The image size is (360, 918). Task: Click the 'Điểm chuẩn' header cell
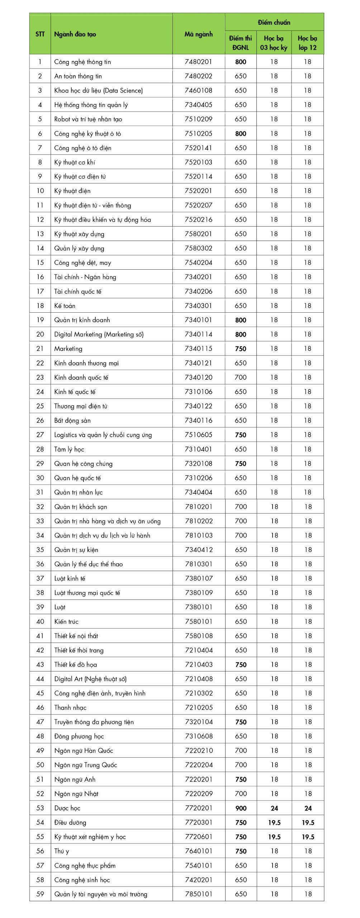(x=274, y=22)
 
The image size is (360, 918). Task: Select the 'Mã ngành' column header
(x=198, y=34)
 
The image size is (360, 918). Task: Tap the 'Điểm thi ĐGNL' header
(x=241, y=43)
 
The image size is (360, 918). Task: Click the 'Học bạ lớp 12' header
(x=308, y=43)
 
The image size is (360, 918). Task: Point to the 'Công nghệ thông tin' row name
(x=82, y=62)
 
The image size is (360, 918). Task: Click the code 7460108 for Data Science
(x=198, y=90)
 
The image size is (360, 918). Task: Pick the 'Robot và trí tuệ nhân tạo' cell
(x=88, y=119)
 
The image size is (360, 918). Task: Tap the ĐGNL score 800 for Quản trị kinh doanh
(x=241, y=320)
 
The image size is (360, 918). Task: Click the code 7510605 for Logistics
(x=198, y=435)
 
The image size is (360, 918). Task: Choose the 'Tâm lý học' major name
(x=69, y=449)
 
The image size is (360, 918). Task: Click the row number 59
(x=40, y=894)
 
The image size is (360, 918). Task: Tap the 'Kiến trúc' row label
(x=66, y=621)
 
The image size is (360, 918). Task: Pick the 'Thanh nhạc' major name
(x=70, y=708)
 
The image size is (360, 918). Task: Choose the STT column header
(x=40, y=34)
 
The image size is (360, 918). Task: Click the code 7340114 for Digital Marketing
(x=198, y=334)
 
